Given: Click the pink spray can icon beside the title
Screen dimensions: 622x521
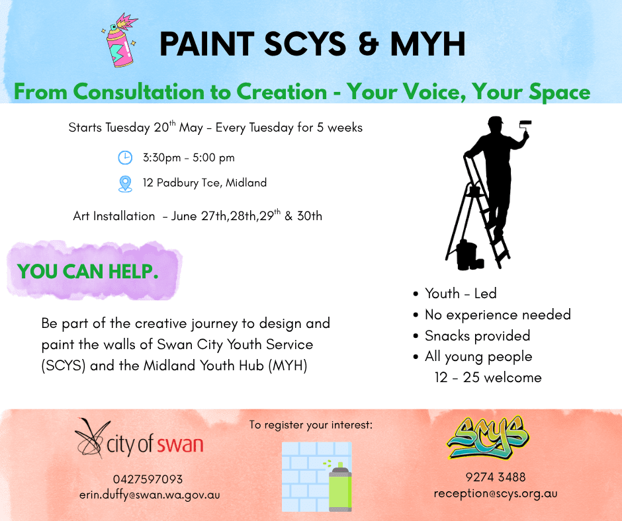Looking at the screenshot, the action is tap(120, 40).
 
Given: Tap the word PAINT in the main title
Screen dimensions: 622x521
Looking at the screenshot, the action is tap(206, 44).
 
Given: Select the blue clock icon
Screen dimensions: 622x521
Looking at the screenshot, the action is tap(125, 158).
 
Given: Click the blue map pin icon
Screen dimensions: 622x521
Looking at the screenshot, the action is tap(125, 184).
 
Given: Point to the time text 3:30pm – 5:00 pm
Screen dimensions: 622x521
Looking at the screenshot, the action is tap(189, 158).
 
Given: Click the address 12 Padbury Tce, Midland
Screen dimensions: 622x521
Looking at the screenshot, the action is tap(204, 182).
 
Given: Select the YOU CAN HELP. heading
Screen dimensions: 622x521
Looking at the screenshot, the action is tap(87, 272).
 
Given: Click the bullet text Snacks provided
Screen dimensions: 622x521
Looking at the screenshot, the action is tap(477, 336).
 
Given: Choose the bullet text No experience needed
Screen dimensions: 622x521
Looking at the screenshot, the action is tap(498, 315).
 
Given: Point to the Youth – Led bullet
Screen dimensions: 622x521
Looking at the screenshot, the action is tap(461, 294).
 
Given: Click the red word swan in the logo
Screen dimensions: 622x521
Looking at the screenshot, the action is tap(180, 444).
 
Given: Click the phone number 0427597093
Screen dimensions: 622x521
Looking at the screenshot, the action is tap(148, 479).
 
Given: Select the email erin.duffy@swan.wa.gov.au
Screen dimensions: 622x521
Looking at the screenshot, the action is tap(150, 495).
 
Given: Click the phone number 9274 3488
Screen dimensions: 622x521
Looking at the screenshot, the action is tap(496, 477).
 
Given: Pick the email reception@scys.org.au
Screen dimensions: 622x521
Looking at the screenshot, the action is tap(496, 494).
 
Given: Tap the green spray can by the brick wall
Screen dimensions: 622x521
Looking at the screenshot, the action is tap(339, 487).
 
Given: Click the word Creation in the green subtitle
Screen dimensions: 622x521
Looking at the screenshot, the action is tap(282, 92).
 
